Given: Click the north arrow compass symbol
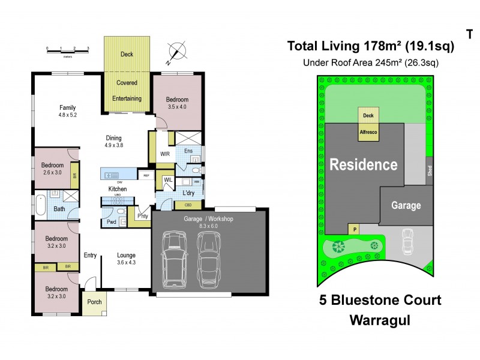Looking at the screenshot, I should point(175,51).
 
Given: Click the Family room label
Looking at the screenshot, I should point(67,110).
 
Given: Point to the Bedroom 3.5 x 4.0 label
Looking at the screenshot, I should point(177,103).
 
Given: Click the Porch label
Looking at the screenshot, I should point(94,302).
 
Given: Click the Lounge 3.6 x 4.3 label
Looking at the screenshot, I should point(126,259).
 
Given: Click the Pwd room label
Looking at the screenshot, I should point(112,221).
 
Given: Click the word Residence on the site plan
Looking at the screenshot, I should point(363,164).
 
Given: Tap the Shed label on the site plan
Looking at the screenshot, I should point(428,169).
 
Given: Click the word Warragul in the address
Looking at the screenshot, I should point(380,320).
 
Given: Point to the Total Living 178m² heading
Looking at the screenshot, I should point(371,46).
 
